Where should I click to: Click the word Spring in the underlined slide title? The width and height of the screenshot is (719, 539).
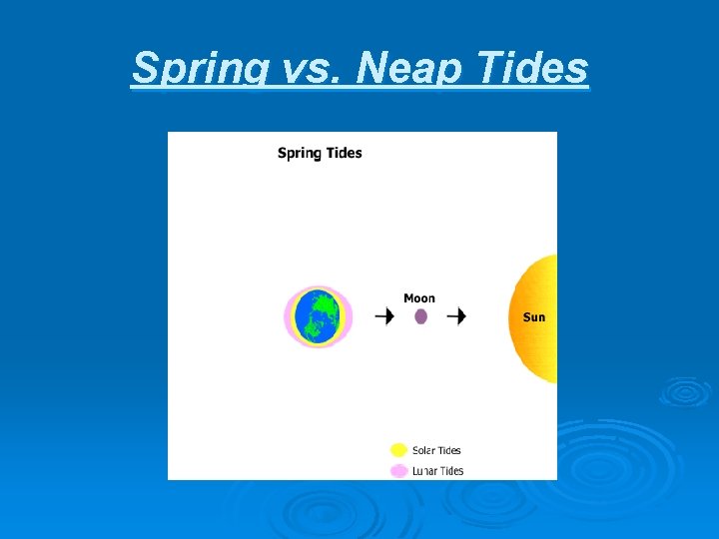point(192,69)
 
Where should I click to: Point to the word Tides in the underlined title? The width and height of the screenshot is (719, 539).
point(532,69)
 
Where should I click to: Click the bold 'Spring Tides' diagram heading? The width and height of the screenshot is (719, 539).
point(320,153)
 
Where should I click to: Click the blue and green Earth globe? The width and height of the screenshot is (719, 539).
point(319,316)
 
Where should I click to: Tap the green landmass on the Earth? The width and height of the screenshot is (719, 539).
point(321,314)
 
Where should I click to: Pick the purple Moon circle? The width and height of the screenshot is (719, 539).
point(420,316)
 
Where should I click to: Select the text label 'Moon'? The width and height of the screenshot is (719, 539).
point(419,297)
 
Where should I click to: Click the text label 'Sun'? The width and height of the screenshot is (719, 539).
point(534,317)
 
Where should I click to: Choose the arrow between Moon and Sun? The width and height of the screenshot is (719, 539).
point(456,316)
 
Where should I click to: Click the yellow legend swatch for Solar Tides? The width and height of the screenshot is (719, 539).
point(398,450)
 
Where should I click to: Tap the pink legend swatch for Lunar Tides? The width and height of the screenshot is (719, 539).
point(398,470)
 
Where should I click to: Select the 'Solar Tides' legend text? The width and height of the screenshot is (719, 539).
point(436,450)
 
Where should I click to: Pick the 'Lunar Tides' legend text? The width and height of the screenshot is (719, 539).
point(437,471)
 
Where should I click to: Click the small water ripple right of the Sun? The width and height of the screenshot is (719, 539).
point(686,392)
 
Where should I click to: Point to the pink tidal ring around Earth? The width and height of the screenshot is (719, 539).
point(290,316)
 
